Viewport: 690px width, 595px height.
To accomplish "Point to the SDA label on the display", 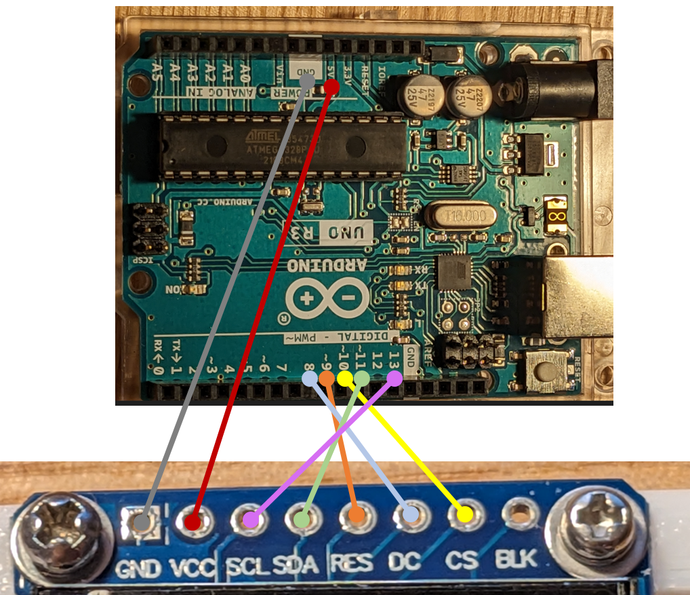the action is pyautogui.click(x=296, y=564).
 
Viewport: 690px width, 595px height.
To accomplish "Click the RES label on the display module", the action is pyautogui.click(x=352, y=563).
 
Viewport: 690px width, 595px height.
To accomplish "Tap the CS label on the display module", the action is pyautogui.click(x=461, y=561).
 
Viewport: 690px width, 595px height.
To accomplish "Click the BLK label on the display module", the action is pyautogui.click(x=516, y=560).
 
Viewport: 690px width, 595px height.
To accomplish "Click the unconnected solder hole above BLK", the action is pyautogui.click(x=519, y=512).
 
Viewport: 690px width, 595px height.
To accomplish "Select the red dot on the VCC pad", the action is pyautogui.click(x=192, y=522).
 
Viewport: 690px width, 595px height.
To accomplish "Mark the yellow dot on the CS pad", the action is pyautogui.click(x=464, y=515).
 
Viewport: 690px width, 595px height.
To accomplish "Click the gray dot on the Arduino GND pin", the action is pyautogui.click(x=306, y=79).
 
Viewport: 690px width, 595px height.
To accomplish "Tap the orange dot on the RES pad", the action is pyautogui.click(x=356, y=516).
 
